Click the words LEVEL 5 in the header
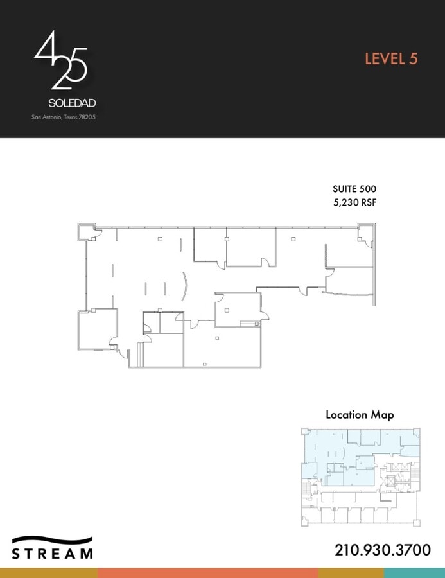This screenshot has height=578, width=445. click(391, 58)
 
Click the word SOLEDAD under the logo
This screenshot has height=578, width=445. click(72, 103)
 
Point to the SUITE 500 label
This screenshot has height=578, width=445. click(354, 189)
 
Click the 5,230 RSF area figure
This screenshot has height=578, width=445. click(354, 202)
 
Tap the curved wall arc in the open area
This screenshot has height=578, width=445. click(186, 286)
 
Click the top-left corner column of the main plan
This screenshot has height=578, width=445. click(85, 231)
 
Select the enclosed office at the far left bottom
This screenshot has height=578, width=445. click(97, 329)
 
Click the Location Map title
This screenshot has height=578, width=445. click(360, 415)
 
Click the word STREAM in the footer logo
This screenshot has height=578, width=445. click(53, 553)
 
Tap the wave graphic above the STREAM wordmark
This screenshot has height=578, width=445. click(53, 541)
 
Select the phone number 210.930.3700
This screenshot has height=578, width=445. click(382, 550)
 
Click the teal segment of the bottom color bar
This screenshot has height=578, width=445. click(414, 573)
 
